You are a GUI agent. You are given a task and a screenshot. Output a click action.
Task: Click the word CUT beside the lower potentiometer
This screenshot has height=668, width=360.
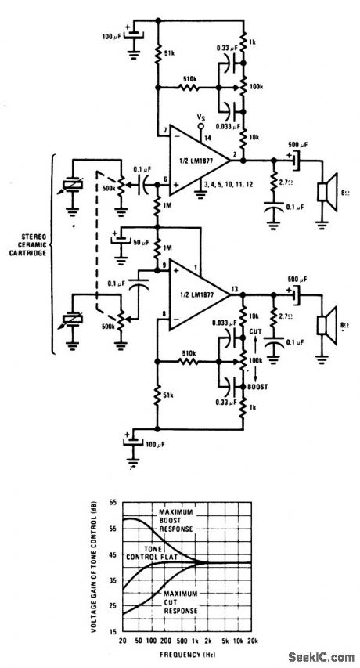[256, 331]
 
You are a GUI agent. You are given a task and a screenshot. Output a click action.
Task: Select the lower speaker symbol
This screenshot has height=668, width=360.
[322, 325]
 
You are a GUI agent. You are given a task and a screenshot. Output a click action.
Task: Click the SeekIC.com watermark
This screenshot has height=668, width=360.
[321, 656]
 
